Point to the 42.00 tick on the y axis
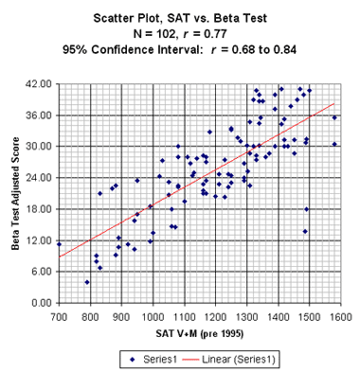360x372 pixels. point(38,84)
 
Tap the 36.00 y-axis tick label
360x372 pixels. point(38,115)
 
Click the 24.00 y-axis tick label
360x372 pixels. point(38,178)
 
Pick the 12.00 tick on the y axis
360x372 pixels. point(38,240)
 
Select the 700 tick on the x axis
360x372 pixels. point(59,315)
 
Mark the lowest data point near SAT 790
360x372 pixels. point(87,282)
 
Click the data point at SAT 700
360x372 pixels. point(59,244)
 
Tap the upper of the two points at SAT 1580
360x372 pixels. point(334,118)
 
